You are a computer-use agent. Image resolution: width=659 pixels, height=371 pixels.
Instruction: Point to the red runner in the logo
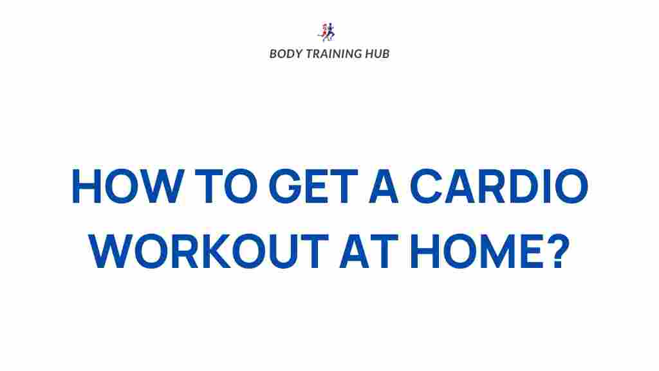click(323, 32)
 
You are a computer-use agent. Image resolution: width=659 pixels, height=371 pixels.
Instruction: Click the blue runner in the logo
click(331, 32)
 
